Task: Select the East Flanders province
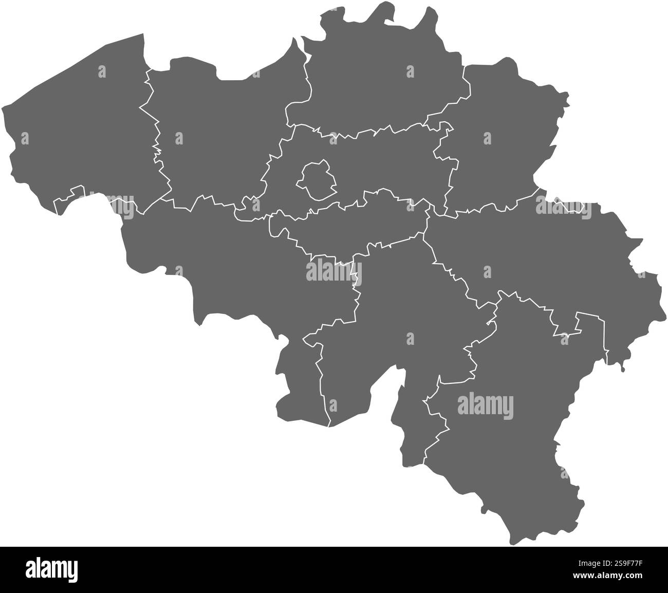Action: pyautogui.click(x=211, y=134)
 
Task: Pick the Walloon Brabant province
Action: pyautogui.click(x=349, y=226)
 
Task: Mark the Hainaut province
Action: pyautogui.click(x=247, y=267)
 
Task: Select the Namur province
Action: pyautogui.click(x=391, y=319)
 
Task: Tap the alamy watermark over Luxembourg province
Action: pyautogui.click(x=485, y=404)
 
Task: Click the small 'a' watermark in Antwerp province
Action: pyautogui.click(x=410, y=71)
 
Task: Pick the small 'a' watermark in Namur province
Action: pyautogui.click(x=410, y=338)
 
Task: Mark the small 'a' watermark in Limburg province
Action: pyautogui.click(x=487, y=138)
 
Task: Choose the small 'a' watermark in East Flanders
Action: pyautogui.click(x=179, y=138)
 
